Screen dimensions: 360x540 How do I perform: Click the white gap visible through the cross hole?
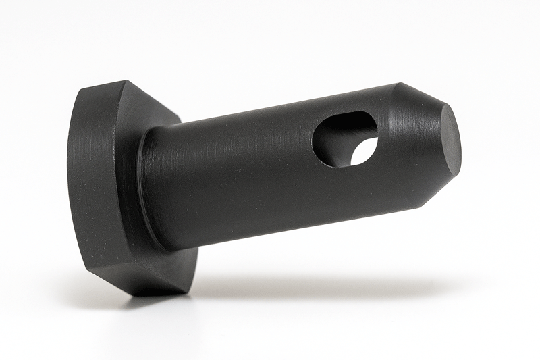365,150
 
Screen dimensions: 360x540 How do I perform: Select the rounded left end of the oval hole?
317,138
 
